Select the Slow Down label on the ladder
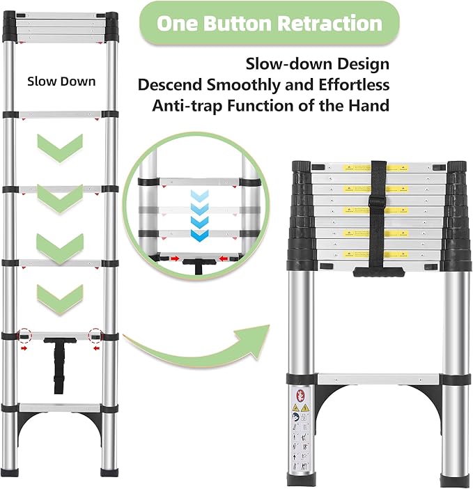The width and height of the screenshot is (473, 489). (61, 81)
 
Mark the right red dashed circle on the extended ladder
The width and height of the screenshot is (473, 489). (95, 334)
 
